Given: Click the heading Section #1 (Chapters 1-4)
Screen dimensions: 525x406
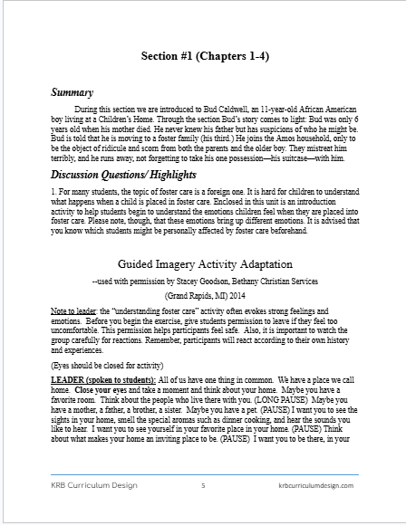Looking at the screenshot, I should tap(203, 56).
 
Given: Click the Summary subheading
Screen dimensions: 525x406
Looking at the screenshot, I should tap(72, 91).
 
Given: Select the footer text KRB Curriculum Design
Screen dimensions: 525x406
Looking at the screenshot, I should tap(94, 486).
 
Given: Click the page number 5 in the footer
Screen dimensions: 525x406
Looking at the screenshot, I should tap(203, 486).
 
